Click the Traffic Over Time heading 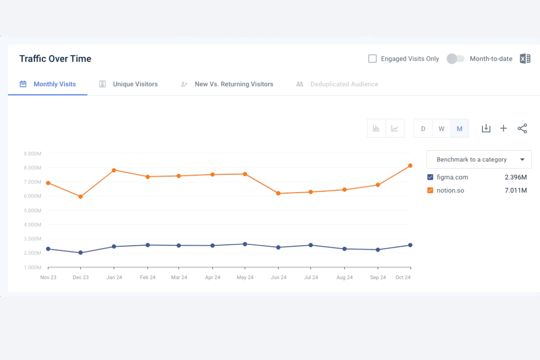[55, 59]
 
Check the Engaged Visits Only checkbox [373, 59]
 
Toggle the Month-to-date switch [455, 59]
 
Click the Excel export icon [525, 59]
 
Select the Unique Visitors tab [135, 84]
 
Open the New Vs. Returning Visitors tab [234, 84]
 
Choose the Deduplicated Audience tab [344, 84]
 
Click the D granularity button [423, 129]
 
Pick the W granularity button [441, 129]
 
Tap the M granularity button [459, 129]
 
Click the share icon [522, 129]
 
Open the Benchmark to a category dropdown [479, 160]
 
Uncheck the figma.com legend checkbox [430, 177]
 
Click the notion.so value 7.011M [516, 190]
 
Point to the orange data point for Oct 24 [410, 166]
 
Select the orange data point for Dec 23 [81, 197]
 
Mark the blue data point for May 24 [245, 244]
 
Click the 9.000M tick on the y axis [33, 153]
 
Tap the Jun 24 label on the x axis [279, 278]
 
